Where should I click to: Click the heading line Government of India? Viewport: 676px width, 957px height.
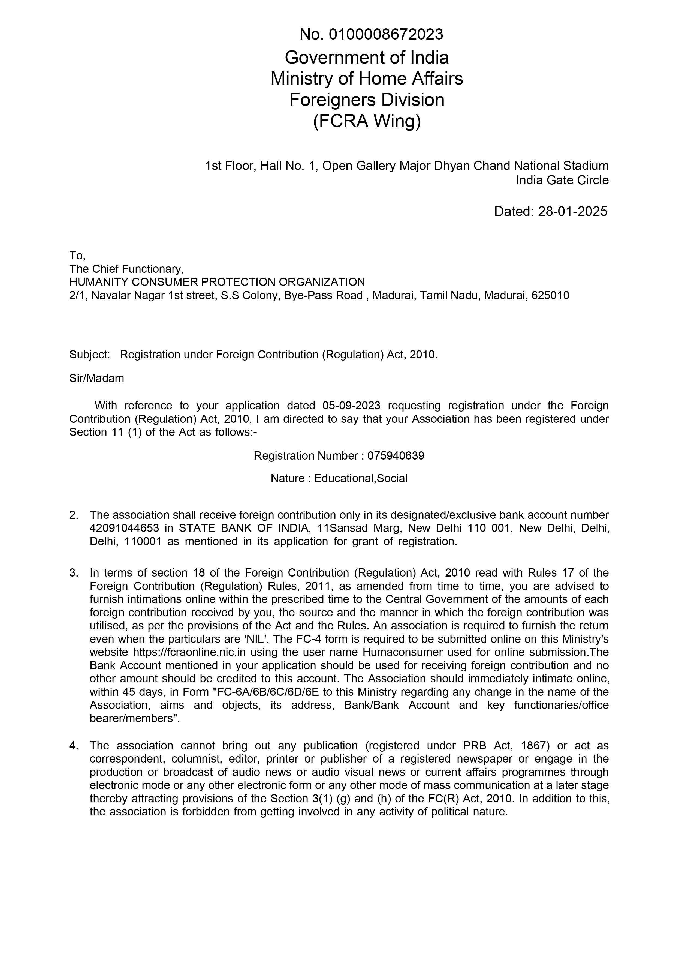pyautogui.click(x=367, y=58)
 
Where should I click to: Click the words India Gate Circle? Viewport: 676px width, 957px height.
pyautogui.click(x=562, y=181)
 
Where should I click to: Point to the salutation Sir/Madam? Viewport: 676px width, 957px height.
pyautogui.click(x=97, y=379)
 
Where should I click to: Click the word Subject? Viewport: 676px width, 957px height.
pyautogui.click(x=90, y=355)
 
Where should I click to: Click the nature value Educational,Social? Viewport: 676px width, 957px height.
pyautogui.click(x=361, y=478)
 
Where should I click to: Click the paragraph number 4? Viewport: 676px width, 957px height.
pyautogui.click(x=74, y=746)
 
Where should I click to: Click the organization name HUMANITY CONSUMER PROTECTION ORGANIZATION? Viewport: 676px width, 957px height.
pyautogui.click(x=217, y=282)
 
